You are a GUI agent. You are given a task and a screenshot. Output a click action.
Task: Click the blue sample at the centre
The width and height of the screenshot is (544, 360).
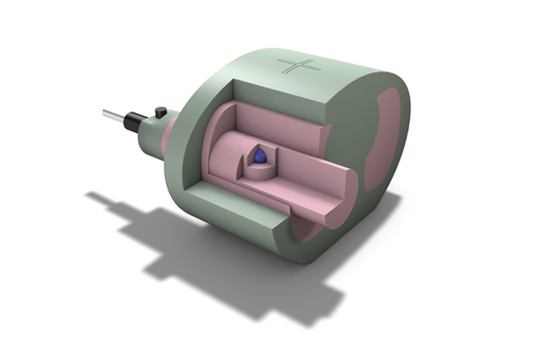click(x=260, y=155)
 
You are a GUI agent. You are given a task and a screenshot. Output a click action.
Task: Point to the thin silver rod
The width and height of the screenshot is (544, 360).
click(x=112, y=114)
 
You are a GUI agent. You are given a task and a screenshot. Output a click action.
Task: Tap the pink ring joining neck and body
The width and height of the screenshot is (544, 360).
click(x=166, y=138)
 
